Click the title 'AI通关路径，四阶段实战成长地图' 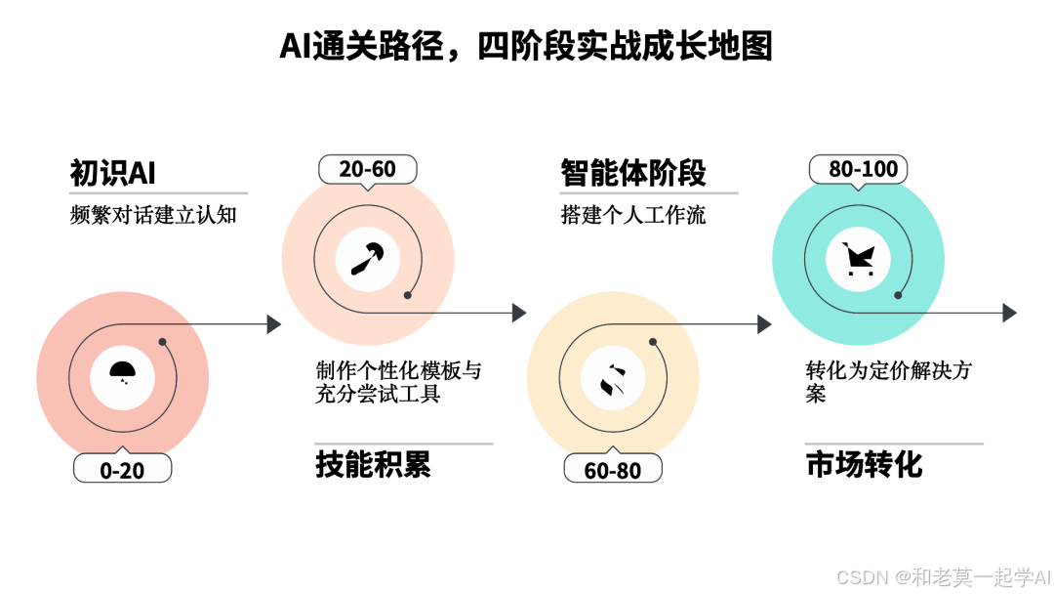(x=526, y=46)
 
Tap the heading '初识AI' (x=112, y=173)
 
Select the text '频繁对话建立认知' (x=153, y=215)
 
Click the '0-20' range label (x=122, y=470)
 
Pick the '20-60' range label (x=368, y=169)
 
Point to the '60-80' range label (x=613, y=470)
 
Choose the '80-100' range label (x=859, y=169)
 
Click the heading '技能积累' (x=373, y=465)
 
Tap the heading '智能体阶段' (x=633, y=173)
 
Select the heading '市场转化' (x=864, y=465)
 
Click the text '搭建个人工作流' (x=633, y=215)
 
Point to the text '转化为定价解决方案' (x=888, y=382)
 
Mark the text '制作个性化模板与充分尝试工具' (x=398, y=382)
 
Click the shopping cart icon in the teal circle (x=859, y=259)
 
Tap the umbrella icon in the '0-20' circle (x=122, y=371)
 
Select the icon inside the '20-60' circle (x=368, y=258)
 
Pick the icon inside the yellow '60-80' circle (x=613, y=378)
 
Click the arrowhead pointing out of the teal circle (x=1010, y=313)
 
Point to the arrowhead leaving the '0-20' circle (x=274, y=324)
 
